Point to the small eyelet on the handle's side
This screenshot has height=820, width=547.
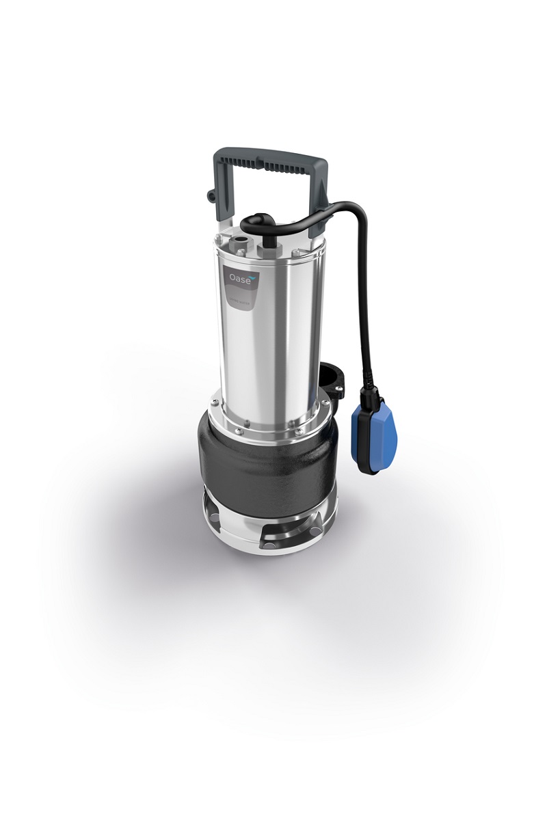pyautogui.click(x=209, y=197)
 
